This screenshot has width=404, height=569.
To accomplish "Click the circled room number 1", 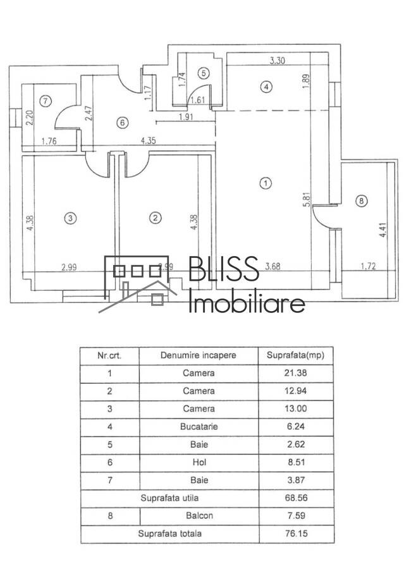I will tap(266, 183).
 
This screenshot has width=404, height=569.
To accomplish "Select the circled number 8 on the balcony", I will tap(361, 201).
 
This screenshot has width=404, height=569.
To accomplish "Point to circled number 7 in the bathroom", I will tap(44, 101).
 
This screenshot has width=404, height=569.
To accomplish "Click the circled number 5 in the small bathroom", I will tap(202, 73).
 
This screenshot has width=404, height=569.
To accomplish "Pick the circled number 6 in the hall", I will tap(123, 123).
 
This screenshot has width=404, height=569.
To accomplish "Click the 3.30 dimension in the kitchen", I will tap(278, 61).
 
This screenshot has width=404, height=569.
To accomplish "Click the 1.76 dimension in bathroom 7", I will tap(48, 142).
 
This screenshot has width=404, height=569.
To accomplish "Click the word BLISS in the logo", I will tap(224, 269).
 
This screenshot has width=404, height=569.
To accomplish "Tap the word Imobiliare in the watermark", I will tap(247, 303).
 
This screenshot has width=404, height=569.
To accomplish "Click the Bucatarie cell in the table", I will tap(199, 427).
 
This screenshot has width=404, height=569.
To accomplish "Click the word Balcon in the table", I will tap(199, 516).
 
